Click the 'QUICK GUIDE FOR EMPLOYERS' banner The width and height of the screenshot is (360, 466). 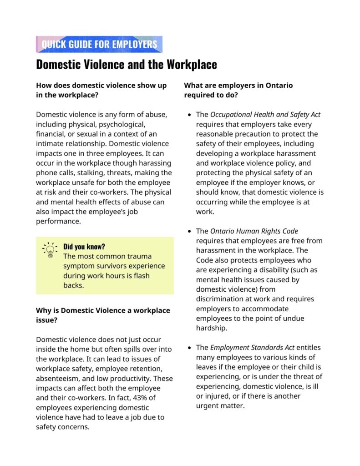pos(99,44)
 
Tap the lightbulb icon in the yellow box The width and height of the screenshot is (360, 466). pos(49,250)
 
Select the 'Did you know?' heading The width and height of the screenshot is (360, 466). pos(84,247)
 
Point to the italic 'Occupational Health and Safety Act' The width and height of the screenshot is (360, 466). pos(265,114)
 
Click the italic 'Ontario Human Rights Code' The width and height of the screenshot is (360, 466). pos(254,231)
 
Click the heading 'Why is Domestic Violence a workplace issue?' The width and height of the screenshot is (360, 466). pos(103,315)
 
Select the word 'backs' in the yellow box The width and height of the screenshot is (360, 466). pos(73,285)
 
